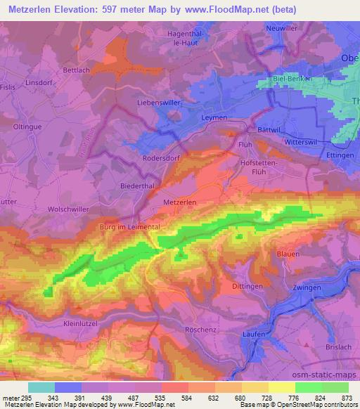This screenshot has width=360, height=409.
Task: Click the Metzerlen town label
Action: point(179,201)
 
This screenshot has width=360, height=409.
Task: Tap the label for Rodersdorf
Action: point(162,158)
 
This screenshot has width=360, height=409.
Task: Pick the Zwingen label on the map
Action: point(307,288)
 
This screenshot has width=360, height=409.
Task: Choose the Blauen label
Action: point(287,254)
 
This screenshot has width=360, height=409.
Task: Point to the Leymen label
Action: point(214,117)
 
